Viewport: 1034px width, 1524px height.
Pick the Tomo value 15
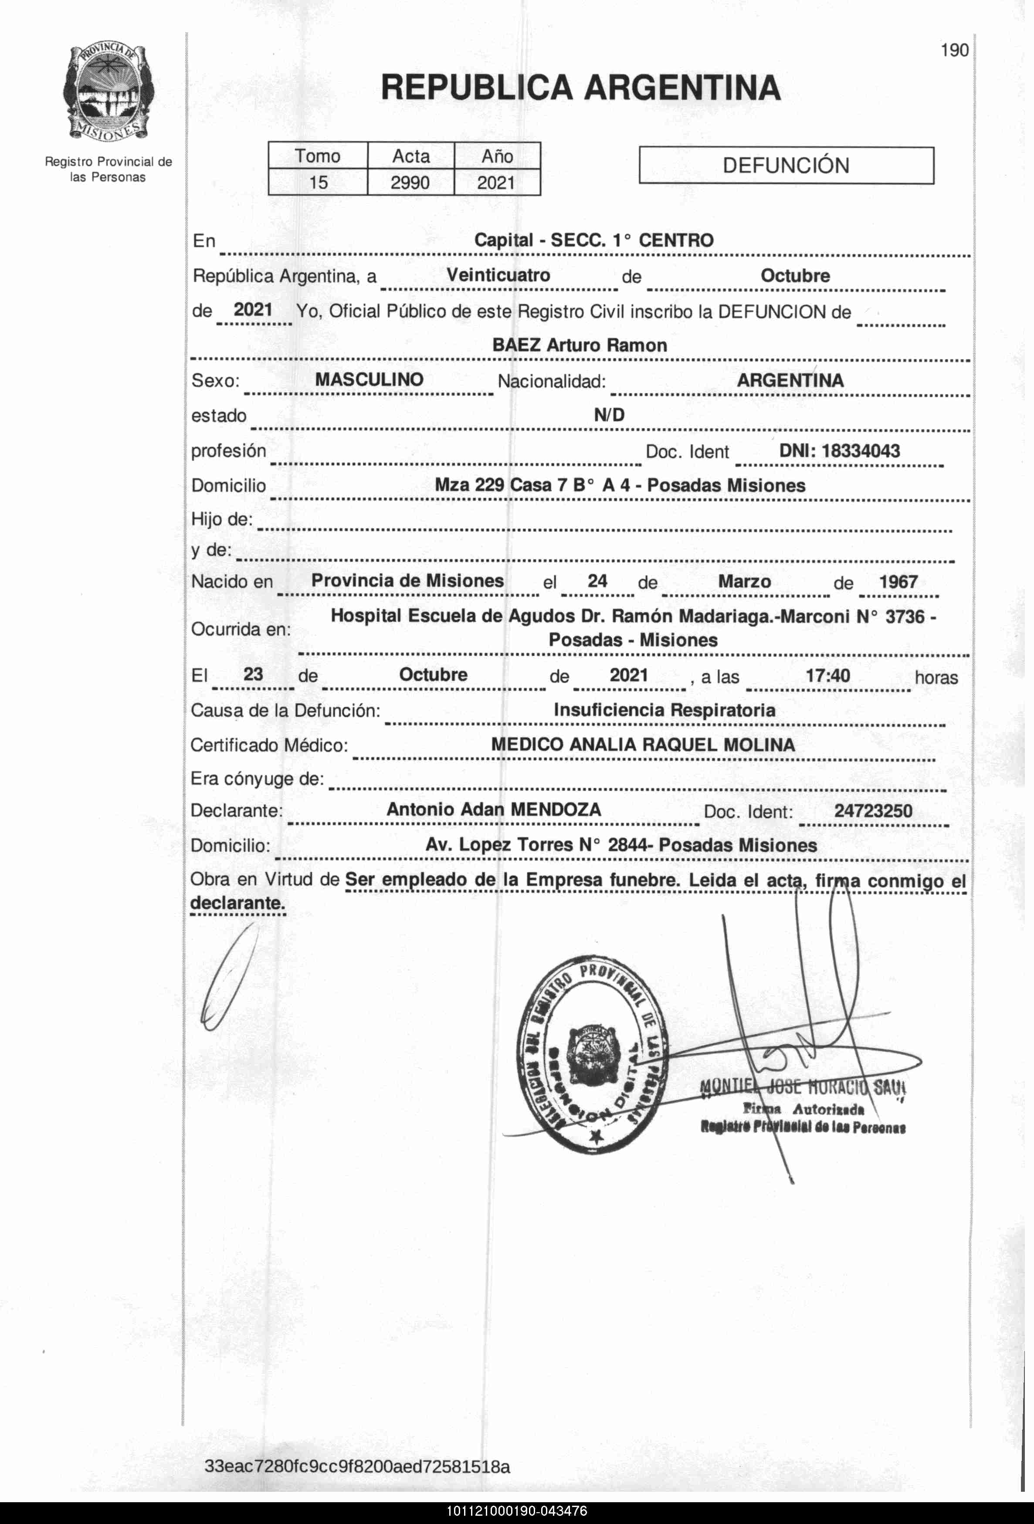(318, 182)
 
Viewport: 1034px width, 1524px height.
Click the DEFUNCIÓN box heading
(786, 165)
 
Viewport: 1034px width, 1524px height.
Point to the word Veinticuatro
(498, 275)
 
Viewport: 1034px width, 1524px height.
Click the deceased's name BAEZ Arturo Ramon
(580, 345)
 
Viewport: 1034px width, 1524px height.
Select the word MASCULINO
(369, 379)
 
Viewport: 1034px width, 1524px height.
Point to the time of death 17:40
(827, 675)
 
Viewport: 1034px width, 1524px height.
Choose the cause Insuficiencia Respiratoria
(664, 710)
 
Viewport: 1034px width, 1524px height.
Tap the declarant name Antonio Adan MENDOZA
(493, 809)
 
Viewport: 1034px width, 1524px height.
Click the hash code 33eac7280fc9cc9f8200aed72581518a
(357, 1466)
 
